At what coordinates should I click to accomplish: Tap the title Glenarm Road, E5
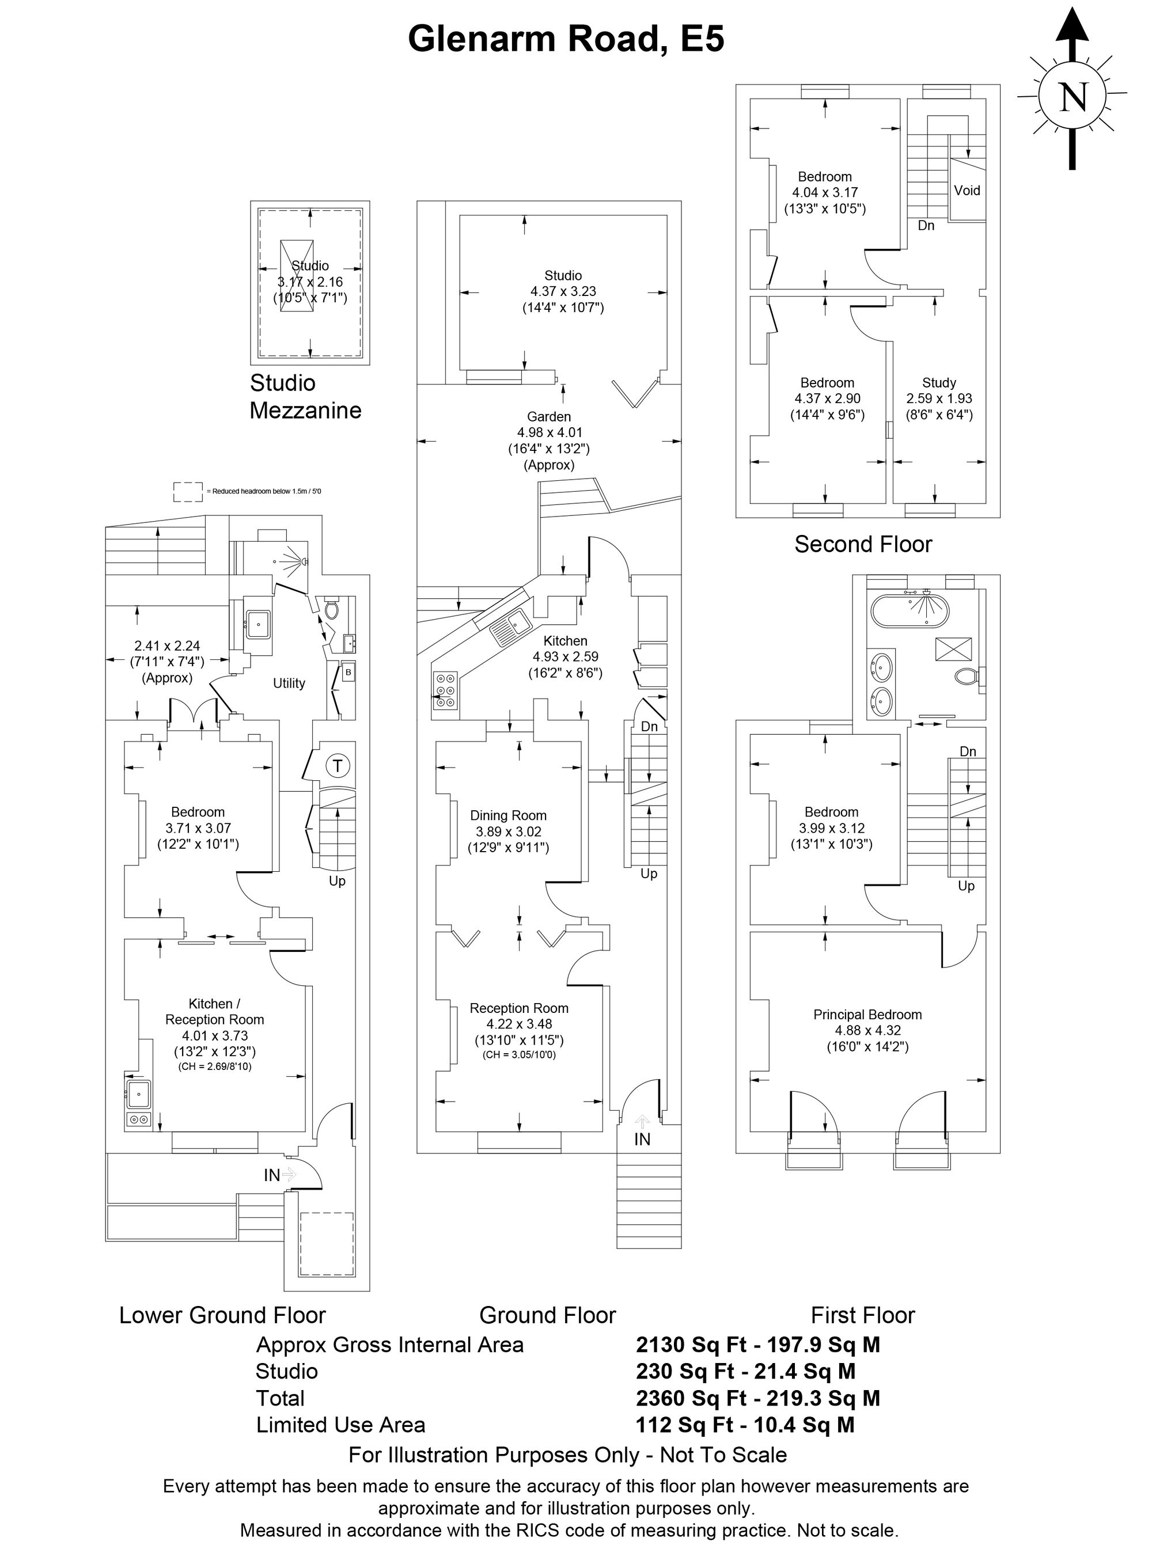click(x=566, y=39)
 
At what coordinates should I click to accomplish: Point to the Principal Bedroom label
click(x=867, y=1015)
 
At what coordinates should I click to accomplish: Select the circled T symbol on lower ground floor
click(x=338, y=765)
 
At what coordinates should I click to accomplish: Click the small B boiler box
click(x=347, y=672)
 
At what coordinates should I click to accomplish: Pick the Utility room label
click(x=289, y=684)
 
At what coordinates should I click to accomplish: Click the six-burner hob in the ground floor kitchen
click(x=445, y=690)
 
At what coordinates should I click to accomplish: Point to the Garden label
click(x=549, y=417)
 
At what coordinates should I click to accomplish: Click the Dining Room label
click(x=509, y=816)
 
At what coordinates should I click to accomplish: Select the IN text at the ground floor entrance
click(x=642, y=1139)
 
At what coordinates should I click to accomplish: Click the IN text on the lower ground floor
click(x=271, y=1175)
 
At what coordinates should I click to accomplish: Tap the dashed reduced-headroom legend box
click(x=188, y=492)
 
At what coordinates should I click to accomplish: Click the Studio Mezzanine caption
click(x=305, y=397)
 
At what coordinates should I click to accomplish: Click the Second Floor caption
click(x=863, y=545)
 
